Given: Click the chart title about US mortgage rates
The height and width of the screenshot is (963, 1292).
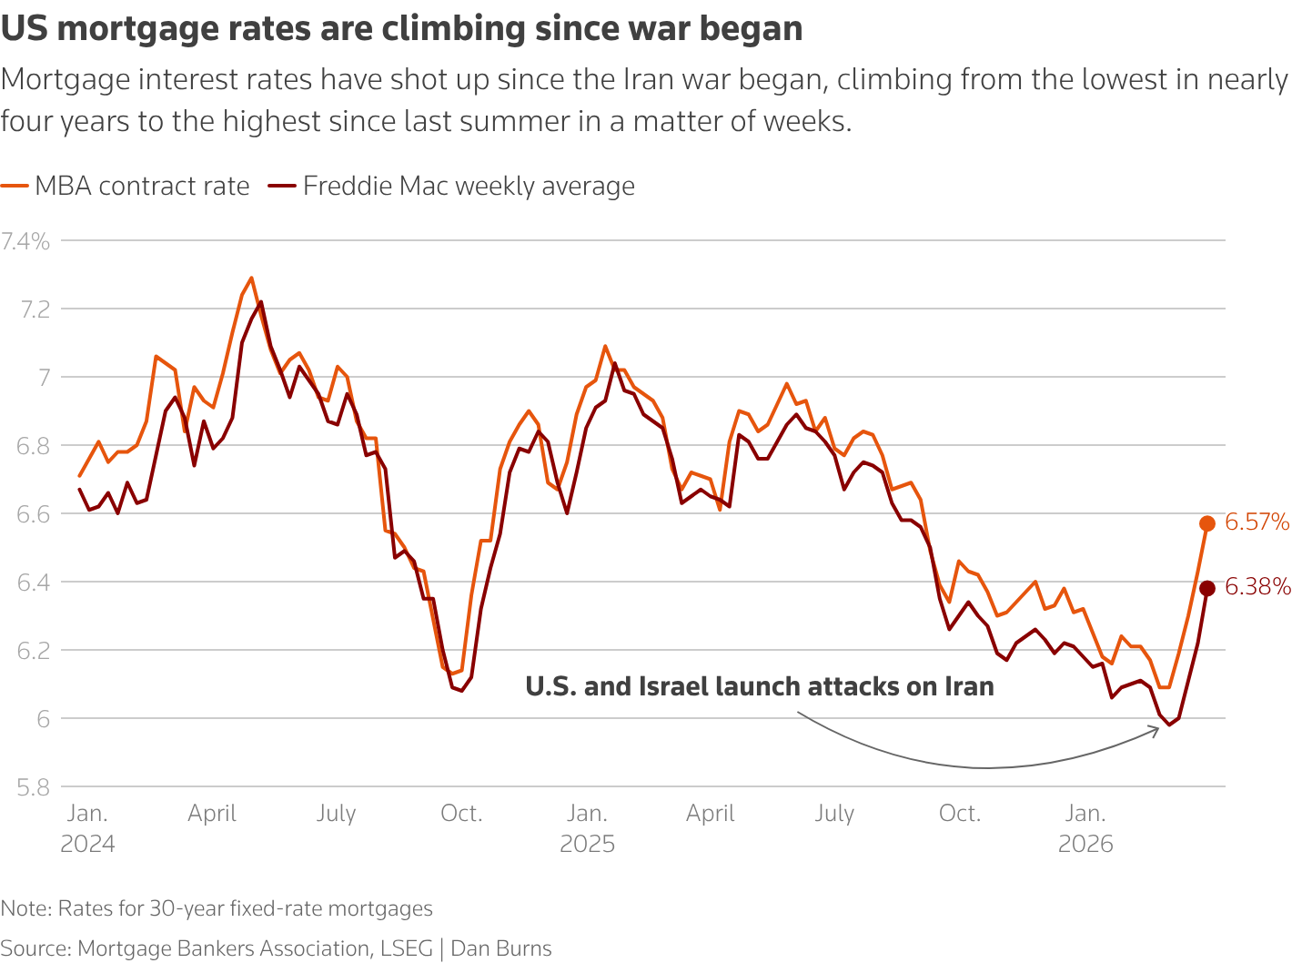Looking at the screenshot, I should [x=401, y=29].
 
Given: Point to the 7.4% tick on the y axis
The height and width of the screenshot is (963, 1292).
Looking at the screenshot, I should [x=25, y=241].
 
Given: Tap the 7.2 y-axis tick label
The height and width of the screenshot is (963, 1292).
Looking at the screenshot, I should [x=33, y=309].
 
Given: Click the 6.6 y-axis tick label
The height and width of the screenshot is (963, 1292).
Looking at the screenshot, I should [x=33, y=514].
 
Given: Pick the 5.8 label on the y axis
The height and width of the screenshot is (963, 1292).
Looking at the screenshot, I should [x=33, y=787].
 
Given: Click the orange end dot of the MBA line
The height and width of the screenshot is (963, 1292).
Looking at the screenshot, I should [x=1207, y=523].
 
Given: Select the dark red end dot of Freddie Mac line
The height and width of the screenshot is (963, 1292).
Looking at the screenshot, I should [x=1207, y=589].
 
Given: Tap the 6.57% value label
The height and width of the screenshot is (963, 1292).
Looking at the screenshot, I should [x=1257, y=522].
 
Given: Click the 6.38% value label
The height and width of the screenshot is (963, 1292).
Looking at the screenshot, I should [x=1257, y=587].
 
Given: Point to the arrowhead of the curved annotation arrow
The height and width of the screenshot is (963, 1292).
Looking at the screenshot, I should [x=1156, y=730].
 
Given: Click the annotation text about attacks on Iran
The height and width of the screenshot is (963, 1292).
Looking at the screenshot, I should [x=759, y=686].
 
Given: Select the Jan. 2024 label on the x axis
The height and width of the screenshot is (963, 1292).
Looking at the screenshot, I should [x=87, y=828].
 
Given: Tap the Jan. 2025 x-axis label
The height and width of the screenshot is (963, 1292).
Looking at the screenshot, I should [x=587, y=828].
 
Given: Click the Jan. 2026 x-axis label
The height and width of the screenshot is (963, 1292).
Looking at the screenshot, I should [x=1085, y=828].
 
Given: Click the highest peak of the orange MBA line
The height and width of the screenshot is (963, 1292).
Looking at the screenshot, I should [x=251, y=279].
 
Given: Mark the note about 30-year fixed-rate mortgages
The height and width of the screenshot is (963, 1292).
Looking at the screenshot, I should [x=217, y=908].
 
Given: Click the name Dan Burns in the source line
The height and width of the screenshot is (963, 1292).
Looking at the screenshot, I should [x=501, y=948].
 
